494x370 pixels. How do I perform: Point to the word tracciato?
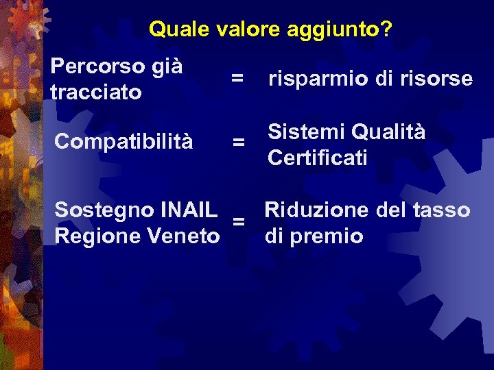pos(96,91)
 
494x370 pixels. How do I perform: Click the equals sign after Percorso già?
pos(237,79)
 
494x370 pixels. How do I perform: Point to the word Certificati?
pos(318,158)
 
